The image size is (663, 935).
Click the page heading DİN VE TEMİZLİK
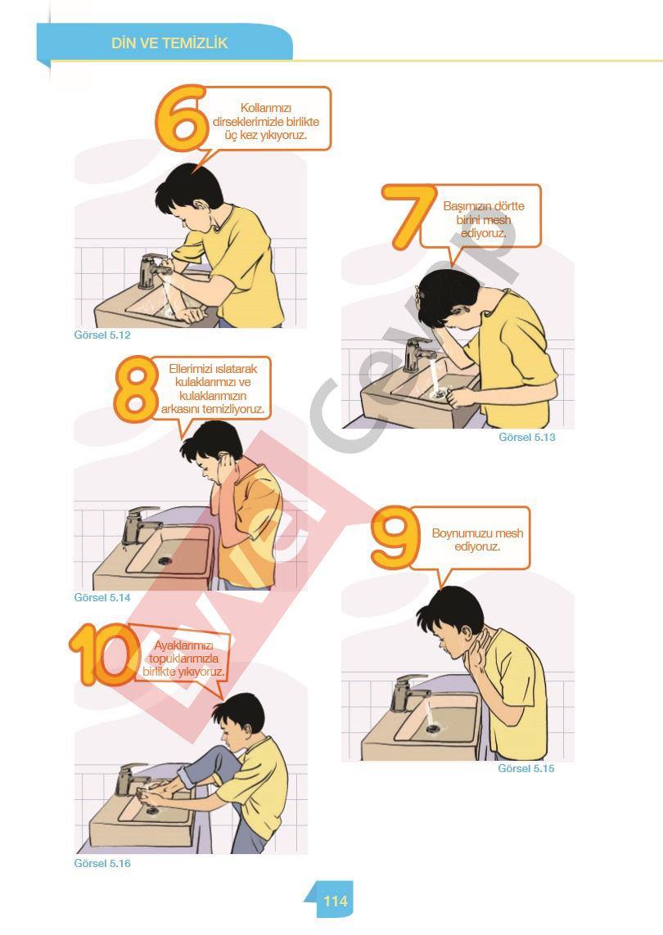(x=169, y=43)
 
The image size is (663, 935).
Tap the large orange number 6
(x=180, y=118)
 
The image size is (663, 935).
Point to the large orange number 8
(x=135, y=389)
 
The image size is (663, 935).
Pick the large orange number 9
(x=394, y=537)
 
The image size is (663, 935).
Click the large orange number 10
(x=102, y=654)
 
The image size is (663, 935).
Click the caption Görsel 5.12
(x=102, y=335)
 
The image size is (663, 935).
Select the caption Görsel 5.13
(x=527, y=437)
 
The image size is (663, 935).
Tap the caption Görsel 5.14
(x=102, y=597)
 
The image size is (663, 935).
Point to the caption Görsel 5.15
(x=526, y=769)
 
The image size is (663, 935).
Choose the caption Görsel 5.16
(x=102, y=864)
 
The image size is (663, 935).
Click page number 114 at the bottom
(x=336, y=901)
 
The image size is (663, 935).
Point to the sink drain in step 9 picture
(x=433, y=728)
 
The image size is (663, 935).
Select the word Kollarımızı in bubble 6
(x=265, y=108)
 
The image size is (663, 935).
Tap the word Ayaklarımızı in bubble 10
(x=183, y=645)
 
